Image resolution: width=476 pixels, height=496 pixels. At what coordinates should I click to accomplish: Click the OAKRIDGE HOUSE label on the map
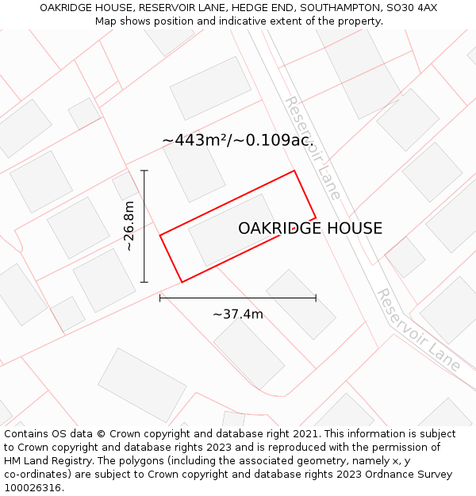point(310,229)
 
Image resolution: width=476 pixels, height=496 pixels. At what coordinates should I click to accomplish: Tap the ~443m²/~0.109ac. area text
point(238,140)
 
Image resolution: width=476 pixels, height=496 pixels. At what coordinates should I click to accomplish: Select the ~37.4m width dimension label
point(238,314)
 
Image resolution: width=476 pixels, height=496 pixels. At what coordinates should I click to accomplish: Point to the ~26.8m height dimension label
point(129,226)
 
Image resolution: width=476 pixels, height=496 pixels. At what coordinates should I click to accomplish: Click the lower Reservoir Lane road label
point(418,329)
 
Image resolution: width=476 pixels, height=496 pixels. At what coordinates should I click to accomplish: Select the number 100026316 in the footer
point(33,488)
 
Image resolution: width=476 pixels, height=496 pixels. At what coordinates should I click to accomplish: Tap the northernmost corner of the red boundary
point(294,171)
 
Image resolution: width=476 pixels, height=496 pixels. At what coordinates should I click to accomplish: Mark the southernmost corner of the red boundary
point(182,282)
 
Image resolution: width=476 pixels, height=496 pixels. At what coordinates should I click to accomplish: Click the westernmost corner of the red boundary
point(160,235)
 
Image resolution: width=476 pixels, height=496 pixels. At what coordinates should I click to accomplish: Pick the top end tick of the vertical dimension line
point(144,171)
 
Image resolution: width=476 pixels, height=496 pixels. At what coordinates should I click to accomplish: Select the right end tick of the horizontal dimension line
point(316,298)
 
